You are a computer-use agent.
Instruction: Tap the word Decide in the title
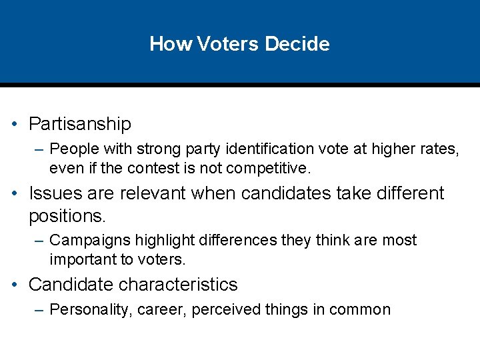coord(297,44)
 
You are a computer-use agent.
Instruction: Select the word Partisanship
coord(80,124)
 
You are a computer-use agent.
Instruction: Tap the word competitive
coord(273,168)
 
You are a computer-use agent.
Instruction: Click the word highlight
coord(153,240)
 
